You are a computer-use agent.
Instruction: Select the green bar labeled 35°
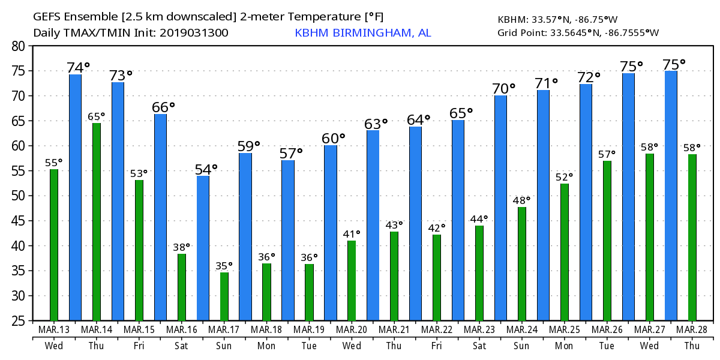point(224,296)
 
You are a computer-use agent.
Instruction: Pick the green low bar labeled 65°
point(97,221)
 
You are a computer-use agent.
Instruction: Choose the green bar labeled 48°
point(522,263)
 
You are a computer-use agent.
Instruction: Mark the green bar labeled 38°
point(182,287)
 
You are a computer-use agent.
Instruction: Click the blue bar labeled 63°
point(373,225)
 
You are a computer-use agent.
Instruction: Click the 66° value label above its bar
point(163,107)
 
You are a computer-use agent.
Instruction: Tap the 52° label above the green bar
point(564,176)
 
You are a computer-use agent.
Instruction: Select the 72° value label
point(589,77)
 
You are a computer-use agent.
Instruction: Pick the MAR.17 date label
point(224,330)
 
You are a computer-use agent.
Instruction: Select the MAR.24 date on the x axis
point(522,330)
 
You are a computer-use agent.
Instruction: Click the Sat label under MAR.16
point(182,346)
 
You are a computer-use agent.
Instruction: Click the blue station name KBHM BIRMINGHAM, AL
point(362,33)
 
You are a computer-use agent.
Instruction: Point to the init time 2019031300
point(194,33)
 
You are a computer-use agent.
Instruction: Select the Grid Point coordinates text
point(577,32)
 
